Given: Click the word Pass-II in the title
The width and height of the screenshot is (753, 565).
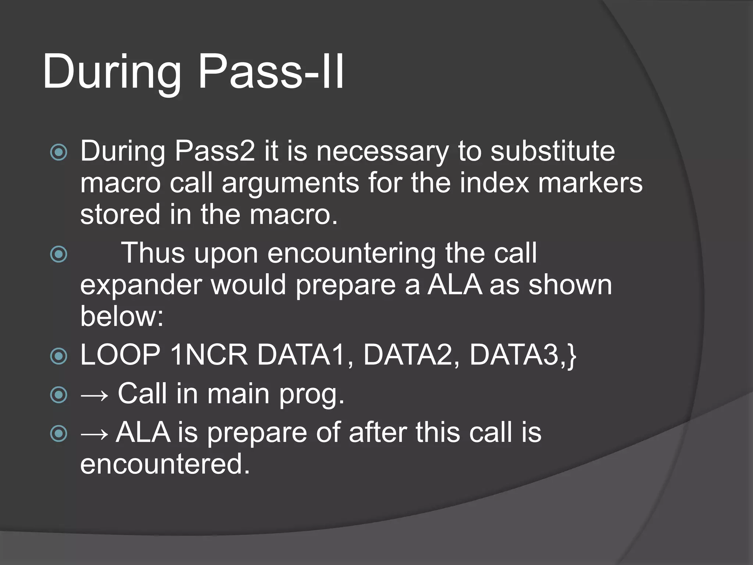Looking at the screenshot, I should click(271, 71).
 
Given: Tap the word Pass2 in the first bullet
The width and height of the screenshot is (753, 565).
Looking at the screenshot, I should click(215, 151).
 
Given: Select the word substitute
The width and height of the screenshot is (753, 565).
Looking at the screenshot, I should click(553, 151).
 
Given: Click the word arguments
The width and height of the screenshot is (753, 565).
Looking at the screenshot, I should click(290, 183).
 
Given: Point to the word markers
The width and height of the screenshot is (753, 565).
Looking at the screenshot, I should click(590, 183).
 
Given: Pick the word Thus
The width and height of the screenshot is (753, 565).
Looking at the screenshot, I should click(153, 253).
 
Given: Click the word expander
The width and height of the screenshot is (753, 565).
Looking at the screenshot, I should click(141, 285).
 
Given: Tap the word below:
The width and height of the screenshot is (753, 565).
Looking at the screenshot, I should click(122, 316).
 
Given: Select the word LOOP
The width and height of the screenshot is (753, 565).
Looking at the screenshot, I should click(120, 355).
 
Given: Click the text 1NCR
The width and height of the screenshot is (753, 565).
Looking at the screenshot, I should click(209, 355).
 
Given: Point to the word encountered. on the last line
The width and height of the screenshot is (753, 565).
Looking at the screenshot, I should click(165, 464).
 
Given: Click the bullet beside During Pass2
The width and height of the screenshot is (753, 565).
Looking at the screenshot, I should click(59, 152).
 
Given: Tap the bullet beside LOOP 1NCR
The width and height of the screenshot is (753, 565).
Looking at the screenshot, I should click(59, 356).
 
